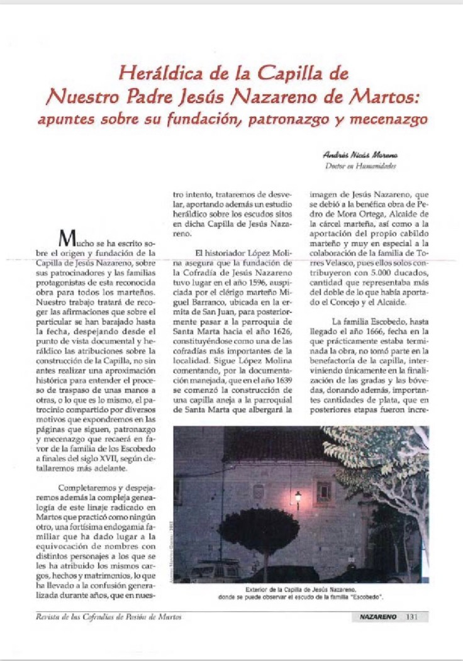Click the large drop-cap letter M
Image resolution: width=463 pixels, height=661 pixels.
click(67, 239)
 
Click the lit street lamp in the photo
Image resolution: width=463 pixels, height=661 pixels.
click(298, 496)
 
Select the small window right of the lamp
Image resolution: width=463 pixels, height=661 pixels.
click(324, 491)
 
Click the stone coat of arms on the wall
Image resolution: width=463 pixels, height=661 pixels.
click(259, 492)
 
